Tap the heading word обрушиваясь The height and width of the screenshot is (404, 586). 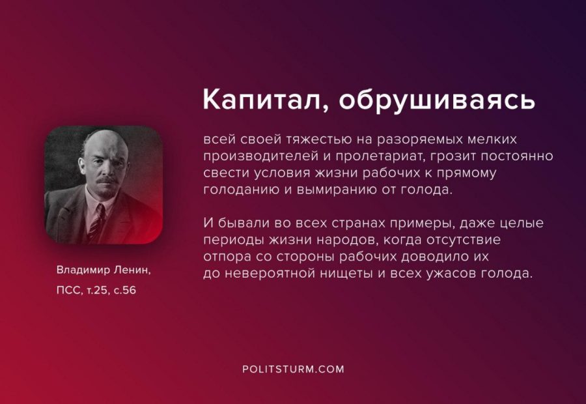tap(438, 100)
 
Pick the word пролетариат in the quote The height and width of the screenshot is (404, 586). tap(381, 156)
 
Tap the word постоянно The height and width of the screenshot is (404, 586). tap(517, 156)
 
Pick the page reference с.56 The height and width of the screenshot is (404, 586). tap(125, 290)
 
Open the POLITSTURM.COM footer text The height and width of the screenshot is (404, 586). tap(293, 369)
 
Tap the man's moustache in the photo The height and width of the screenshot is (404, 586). tap(107, 180)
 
